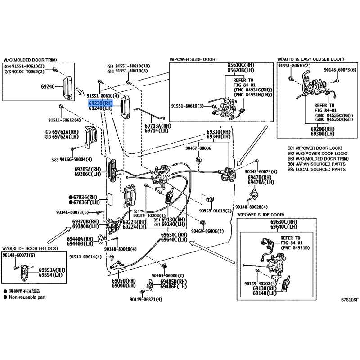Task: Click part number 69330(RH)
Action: coord(220,131)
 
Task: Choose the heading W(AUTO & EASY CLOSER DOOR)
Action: coord(310,59)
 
